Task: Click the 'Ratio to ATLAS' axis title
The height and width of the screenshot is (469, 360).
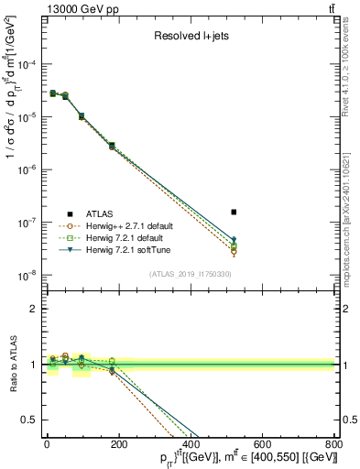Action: click(11, 365)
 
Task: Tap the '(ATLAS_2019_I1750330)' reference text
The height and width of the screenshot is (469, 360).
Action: click(189, 274)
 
